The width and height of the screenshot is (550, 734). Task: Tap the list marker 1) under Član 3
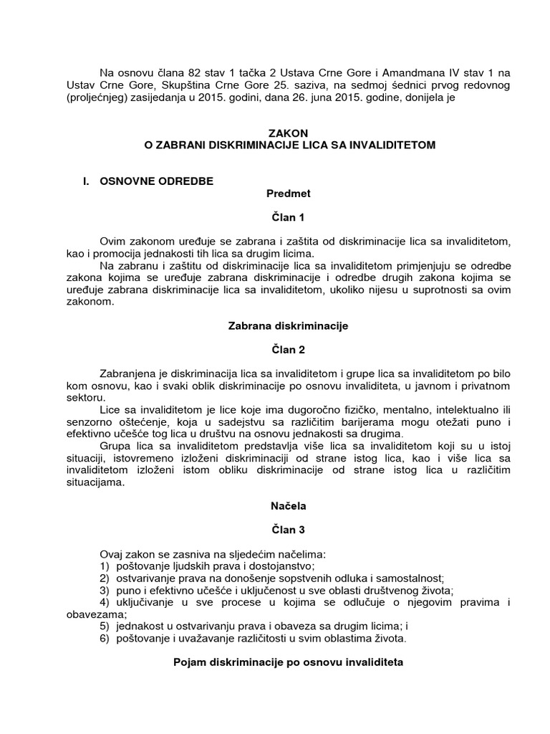(x=105, y=566)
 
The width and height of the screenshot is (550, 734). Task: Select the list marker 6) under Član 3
(x=105, y=638)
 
